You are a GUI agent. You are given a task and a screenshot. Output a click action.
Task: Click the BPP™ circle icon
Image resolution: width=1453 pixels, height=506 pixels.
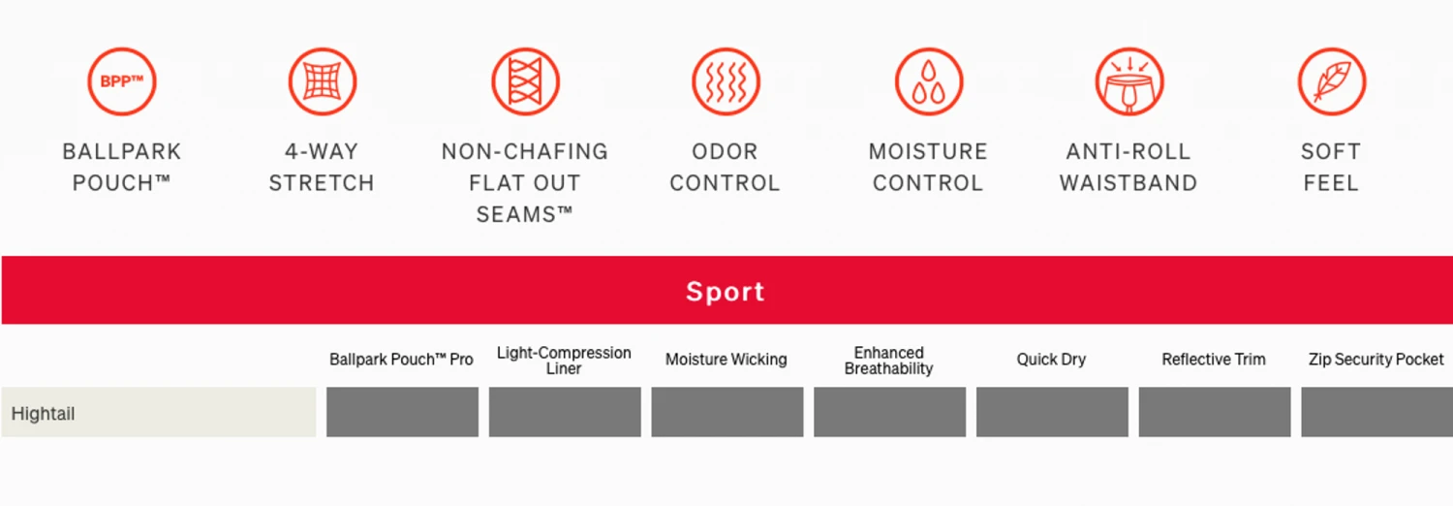(x=122, y=81)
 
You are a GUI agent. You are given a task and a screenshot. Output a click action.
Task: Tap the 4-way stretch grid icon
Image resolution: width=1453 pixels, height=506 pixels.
(x=323, y=81)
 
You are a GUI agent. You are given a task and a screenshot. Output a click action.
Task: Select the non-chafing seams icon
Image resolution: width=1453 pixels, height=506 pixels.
(x=525, y=81)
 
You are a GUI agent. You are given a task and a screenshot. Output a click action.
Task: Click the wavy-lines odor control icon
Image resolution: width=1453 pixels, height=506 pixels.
(x=726, y=81)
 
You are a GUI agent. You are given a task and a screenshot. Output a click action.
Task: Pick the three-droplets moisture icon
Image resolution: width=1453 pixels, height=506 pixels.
(x=929, y=81)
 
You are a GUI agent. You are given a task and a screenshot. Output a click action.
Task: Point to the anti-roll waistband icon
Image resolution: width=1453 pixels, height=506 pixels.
(x=1129, y=81)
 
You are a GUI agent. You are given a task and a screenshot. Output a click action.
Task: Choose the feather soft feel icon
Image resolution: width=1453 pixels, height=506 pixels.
(x=1332, y=81)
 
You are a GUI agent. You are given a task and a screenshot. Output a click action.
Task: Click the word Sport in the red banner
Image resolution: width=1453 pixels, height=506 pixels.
(x=726, y=292)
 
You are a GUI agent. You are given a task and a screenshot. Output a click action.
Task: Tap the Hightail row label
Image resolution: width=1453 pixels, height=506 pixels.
(x=43, y=414)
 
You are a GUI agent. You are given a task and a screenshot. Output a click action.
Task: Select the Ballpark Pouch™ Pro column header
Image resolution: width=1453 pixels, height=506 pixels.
(x=402, y=360)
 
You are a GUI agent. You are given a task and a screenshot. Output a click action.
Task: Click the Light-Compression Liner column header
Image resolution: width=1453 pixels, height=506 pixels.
(x=564, y=361)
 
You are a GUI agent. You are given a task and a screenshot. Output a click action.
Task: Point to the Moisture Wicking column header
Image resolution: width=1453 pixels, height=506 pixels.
(x=726, y=360)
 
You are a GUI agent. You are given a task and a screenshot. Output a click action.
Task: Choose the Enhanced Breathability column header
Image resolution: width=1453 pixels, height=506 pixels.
(x=888, y=361)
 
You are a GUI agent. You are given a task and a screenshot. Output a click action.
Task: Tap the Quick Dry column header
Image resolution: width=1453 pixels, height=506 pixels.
(x=1051, y=360)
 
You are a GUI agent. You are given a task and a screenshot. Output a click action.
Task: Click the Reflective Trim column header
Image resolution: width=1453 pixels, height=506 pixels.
(x=1214, y=360)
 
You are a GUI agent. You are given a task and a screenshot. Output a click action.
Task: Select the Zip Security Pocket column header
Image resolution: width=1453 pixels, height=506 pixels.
(x=1376, y=360)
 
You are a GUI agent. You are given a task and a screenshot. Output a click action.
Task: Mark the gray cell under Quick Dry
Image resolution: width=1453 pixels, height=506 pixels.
(x=1052, y=412)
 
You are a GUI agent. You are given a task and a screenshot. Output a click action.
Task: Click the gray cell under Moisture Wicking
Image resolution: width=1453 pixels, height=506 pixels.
(x=727, y=412)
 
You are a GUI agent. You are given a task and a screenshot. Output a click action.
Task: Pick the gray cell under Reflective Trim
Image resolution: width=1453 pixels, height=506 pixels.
(x=1215, y=412)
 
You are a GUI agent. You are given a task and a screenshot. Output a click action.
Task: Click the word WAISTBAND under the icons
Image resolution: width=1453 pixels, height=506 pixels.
(x=1128, y=183)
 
